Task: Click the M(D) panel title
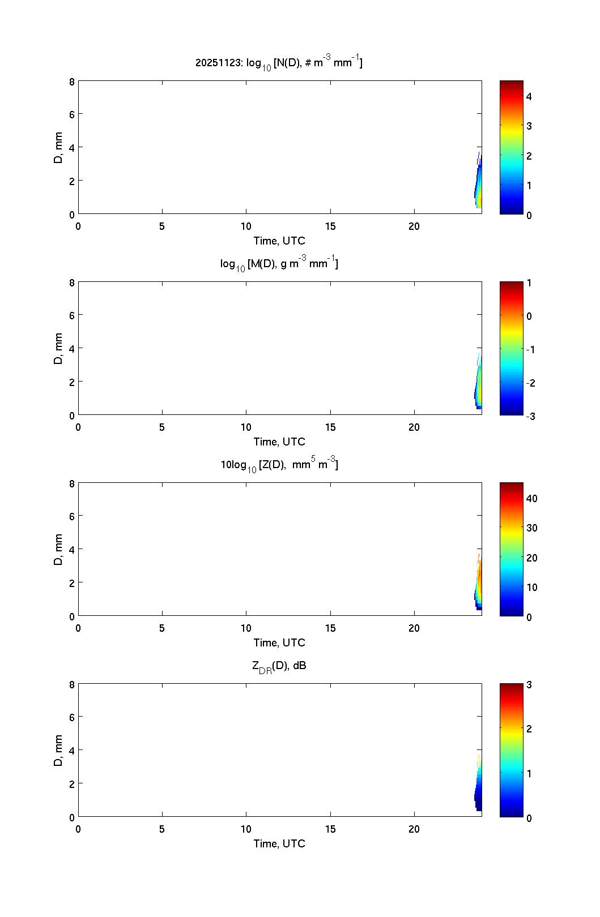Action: click(279, 264)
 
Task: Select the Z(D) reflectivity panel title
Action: click(279, 465)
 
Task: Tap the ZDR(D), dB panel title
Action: click(279, 666)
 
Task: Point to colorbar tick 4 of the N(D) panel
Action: click(529, 97)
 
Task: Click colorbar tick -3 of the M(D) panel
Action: click(530, 416)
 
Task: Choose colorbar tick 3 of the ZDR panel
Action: click(529, 685)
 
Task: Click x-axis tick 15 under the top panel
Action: click(330, 226)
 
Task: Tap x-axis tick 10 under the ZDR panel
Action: click(246, 829)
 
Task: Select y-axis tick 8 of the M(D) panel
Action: click(72, 282)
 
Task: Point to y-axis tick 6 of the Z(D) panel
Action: click(72, 516)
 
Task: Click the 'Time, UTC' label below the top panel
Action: click(279, 241)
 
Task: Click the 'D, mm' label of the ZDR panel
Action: click(58, 751)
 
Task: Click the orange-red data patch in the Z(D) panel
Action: click(479, 577)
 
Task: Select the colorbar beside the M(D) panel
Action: click(511, 348)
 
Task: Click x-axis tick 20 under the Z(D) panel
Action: click(414, 628)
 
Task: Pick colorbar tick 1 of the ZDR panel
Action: click(529, 773)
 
